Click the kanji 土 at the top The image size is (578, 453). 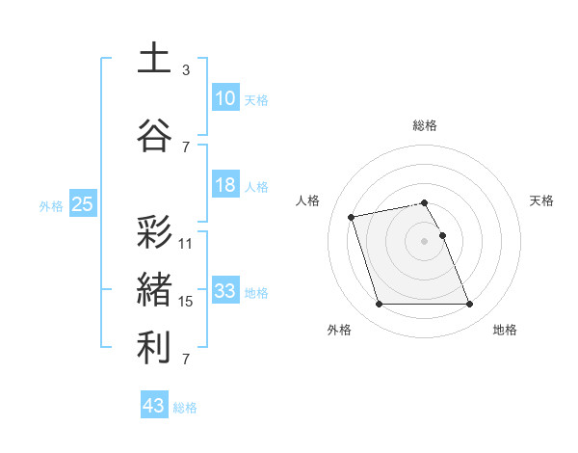point(154,59)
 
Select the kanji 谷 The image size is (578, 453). point(154,133)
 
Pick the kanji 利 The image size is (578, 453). point(154,347)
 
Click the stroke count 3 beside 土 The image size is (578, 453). point(186,70)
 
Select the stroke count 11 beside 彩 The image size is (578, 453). point(186,244)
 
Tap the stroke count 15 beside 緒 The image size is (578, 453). point(186,302)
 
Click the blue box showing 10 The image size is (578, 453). point(225,98)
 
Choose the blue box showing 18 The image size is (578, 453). point(225,185)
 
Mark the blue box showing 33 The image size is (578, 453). point(225,291)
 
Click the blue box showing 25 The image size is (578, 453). point(82,204)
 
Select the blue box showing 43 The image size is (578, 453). point(154,406)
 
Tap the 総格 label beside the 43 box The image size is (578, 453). point(185,408)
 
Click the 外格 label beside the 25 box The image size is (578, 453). point(51,205)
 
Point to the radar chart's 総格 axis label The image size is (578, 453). point(425,125)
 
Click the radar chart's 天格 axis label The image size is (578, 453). point(542,200)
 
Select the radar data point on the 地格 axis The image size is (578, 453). point(470,305)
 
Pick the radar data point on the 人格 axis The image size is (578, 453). point(352,216)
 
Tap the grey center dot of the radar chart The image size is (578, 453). point(425,240)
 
